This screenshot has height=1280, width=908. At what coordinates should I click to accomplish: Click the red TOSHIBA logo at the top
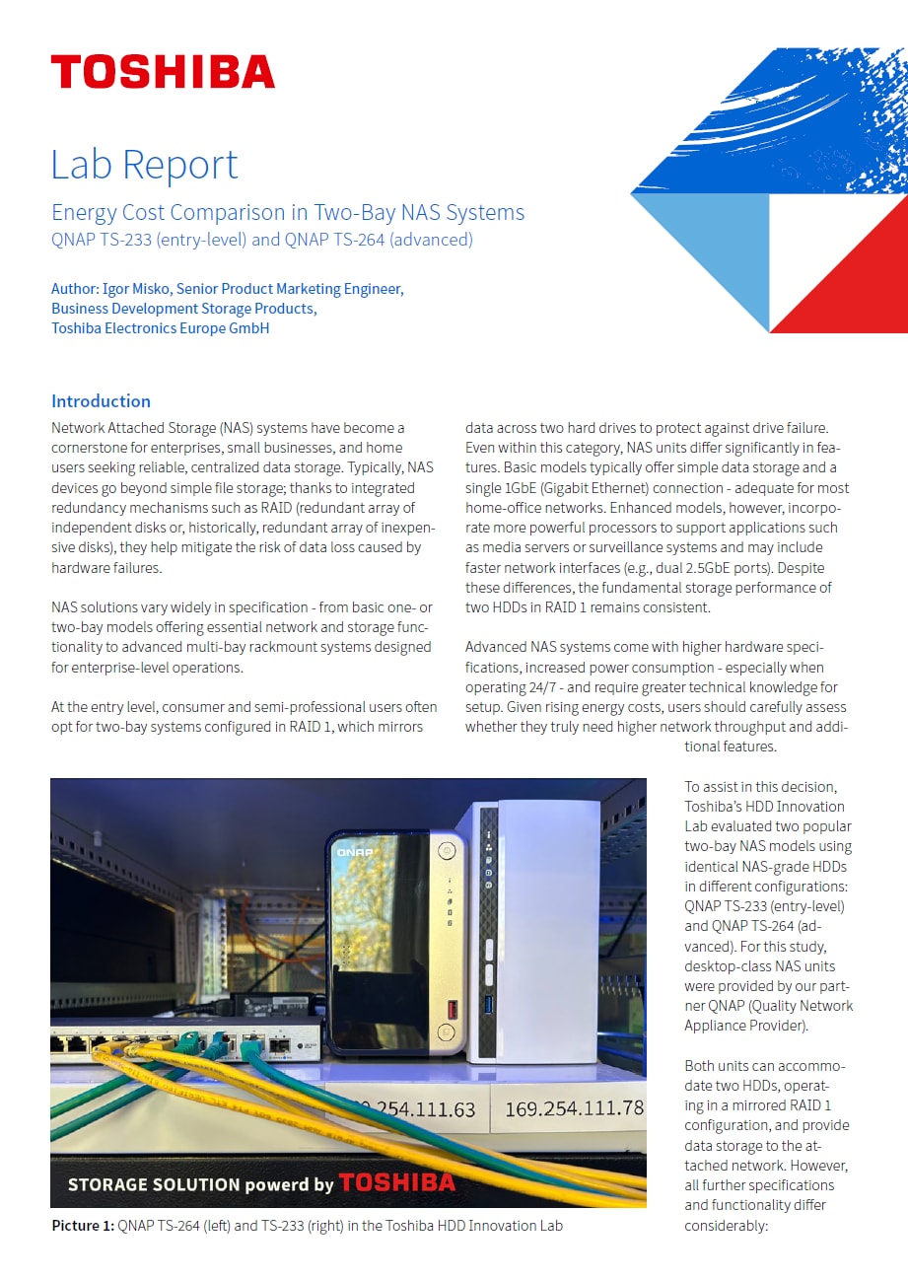[163, 72]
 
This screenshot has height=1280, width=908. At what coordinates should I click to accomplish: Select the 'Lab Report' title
[144, 164]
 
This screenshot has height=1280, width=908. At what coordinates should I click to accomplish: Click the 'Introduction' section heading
[101, 400]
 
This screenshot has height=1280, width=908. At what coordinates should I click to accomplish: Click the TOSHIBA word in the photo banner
[397, 1182]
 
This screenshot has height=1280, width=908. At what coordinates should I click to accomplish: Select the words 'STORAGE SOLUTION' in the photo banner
[140, 1184]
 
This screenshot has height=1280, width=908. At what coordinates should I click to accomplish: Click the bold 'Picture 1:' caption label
[83, 1226]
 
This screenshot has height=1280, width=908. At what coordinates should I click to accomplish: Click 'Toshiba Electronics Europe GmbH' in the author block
[160, 328]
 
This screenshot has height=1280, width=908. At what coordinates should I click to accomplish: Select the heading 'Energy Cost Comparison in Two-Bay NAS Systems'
[288, 212]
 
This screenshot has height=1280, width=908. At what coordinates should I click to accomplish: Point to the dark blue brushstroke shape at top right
[779, 118]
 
